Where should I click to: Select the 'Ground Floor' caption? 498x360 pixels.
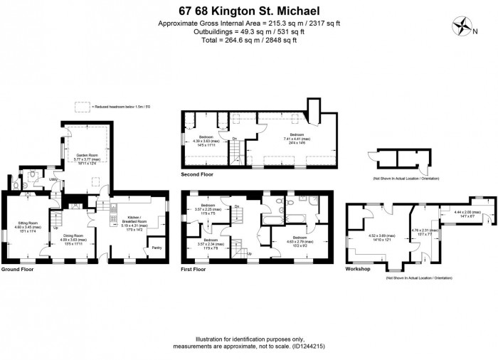[x=18, y=270]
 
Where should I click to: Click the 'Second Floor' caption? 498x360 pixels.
[x=198, y=174]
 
